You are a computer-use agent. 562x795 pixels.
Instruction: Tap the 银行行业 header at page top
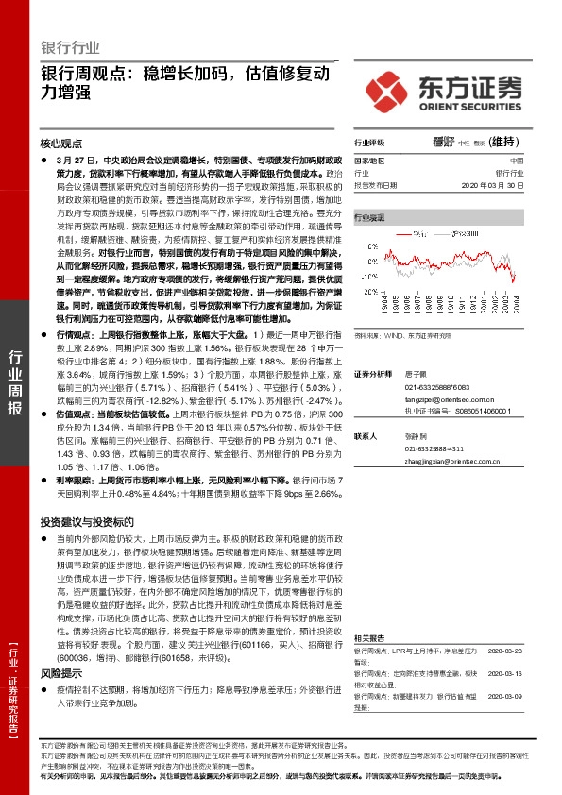(71, 48)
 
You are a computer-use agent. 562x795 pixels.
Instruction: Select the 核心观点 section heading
(62, 143)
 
